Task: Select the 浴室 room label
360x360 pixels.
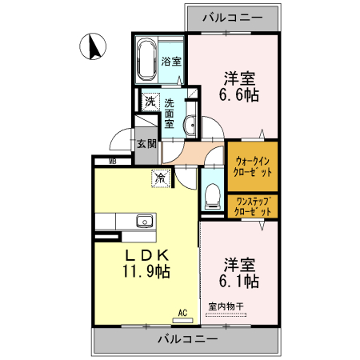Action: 171,62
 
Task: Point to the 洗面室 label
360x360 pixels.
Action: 170,114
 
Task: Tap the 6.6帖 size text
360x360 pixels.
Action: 239,95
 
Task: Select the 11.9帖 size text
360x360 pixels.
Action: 145,272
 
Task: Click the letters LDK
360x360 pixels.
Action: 145,254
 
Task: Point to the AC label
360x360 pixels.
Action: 182,312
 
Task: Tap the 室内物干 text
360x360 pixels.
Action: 226,305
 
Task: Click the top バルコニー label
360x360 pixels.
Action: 232,15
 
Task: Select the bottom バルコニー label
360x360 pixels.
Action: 186,339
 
